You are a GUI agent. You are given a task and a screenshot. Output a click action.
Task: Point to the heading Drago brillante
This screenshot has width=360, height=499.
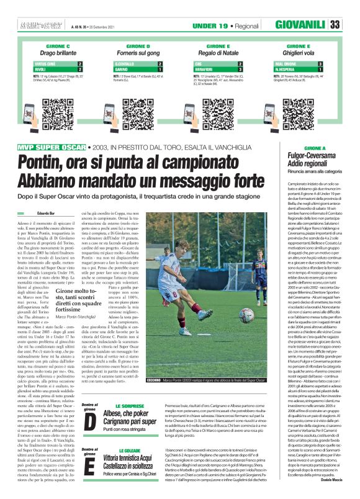pyautogui.click(x=58, y=53)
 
